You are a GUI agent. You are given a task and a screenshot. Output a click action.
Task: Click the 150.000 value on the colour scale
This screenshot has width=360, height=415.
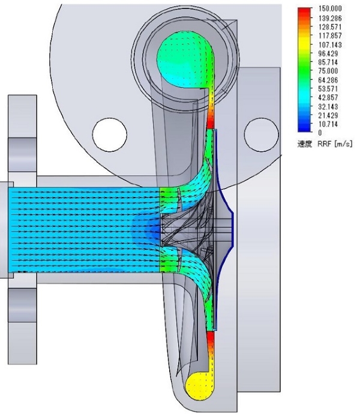[330, 8]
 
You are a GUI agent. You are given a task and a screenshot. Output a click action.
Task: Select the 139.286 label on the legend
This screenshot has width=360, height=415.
[330, 18]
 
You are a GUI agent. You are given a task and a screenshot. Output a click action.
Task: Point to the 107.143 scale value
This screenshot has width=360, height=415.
[330, 44]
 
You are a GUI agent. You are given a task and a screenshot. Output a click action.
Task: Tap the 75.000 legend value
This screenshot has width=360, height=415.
[328, 71]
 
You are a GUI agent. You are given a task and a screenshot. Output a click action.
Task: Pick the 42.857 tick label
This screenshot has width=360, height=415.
[328, 97]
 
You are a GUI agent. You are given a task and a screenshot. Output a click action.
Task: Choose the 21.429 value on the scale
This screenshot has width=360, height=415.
[328, 115]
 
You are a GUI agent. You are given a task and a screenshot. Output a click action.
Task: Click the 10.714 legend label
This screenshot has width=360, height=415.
[328, 124]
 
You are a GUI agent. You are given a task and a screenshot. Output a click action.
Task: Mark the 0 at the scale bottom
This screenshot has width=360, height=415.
[320, 133]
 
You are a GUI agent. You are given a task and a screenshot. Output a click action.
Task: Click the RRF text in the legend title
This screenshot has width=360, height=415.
[324, 144]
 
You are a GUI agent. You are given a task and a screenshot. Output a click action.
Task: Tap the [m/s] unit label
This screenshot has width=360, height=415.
[343, 144]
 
